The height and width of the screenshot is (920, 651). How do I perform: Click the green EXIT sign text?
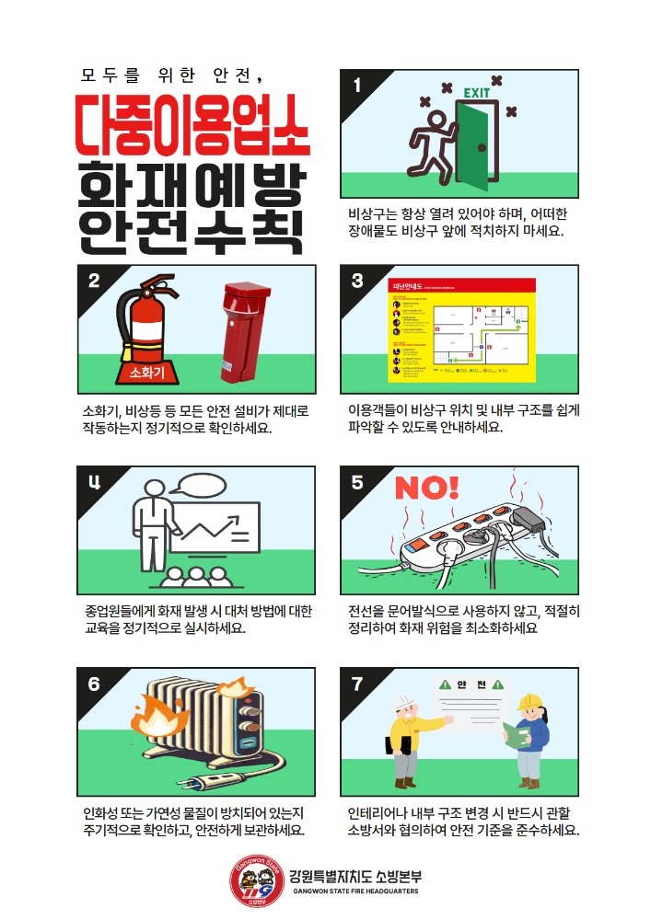477,93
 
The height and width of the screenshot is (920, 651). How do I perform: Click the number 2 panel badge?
94,282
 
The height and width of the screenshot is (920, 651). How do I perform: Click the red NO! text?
426,488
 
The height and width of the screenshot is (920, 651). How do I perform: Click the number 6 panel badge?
94,684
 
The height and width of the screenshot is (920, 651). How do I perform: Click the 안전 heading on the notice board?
472,684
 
